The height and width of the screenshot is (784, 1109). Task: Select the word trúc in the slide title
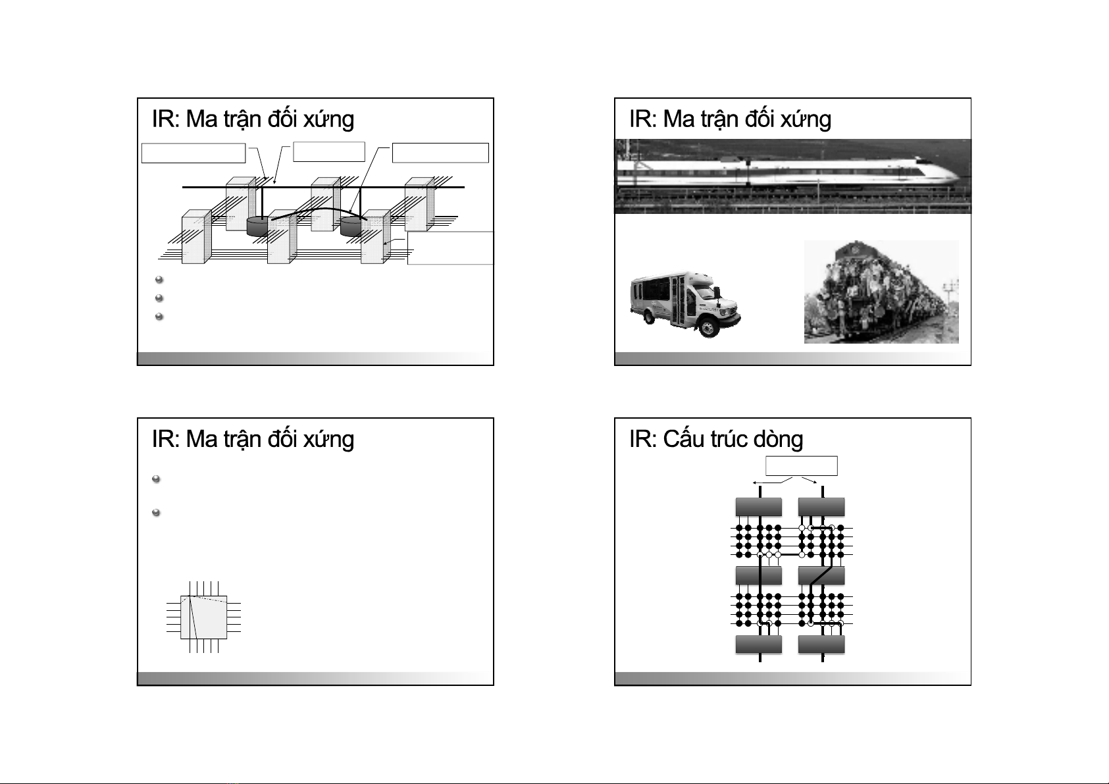(x=727, y=439)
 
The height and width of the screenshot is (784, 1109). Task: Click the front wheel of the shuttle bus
(x=708, y=327)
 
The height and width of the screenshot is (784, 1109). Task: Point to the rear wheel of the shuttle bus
(x=646, y=317)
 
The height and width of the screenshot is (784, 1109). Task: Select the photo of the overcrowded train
(x=881, y=292)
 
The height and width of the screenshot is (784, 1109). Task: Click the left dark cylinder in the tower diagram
(x=257, y=226)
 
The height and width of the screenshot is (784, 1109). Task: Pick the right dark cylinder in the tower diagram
(x=351, y=226)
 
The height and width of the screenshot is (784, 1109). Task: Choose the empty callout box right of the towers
(x=450, y=248)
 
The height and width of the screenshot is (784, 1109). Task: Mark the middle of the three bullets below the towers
(x=159, y=298)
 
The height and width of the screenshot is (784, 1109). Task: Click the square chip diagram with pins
(x=203, y=617)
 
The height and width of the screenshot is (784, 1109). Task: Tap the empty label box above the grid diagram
(x=802, y=465)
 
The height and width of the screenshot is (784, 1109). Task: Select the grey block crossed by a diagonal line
(x=821, y=575)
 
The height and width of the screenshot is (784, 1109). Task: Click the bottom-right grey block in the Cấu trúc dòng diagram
(x=821, y=644)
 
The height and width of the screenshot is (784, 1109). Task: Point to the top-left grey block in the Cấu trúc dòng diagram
(x=758, y=507)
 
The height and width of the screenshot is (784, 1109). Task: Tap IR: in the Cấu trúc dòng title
(x=642, y=439)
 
